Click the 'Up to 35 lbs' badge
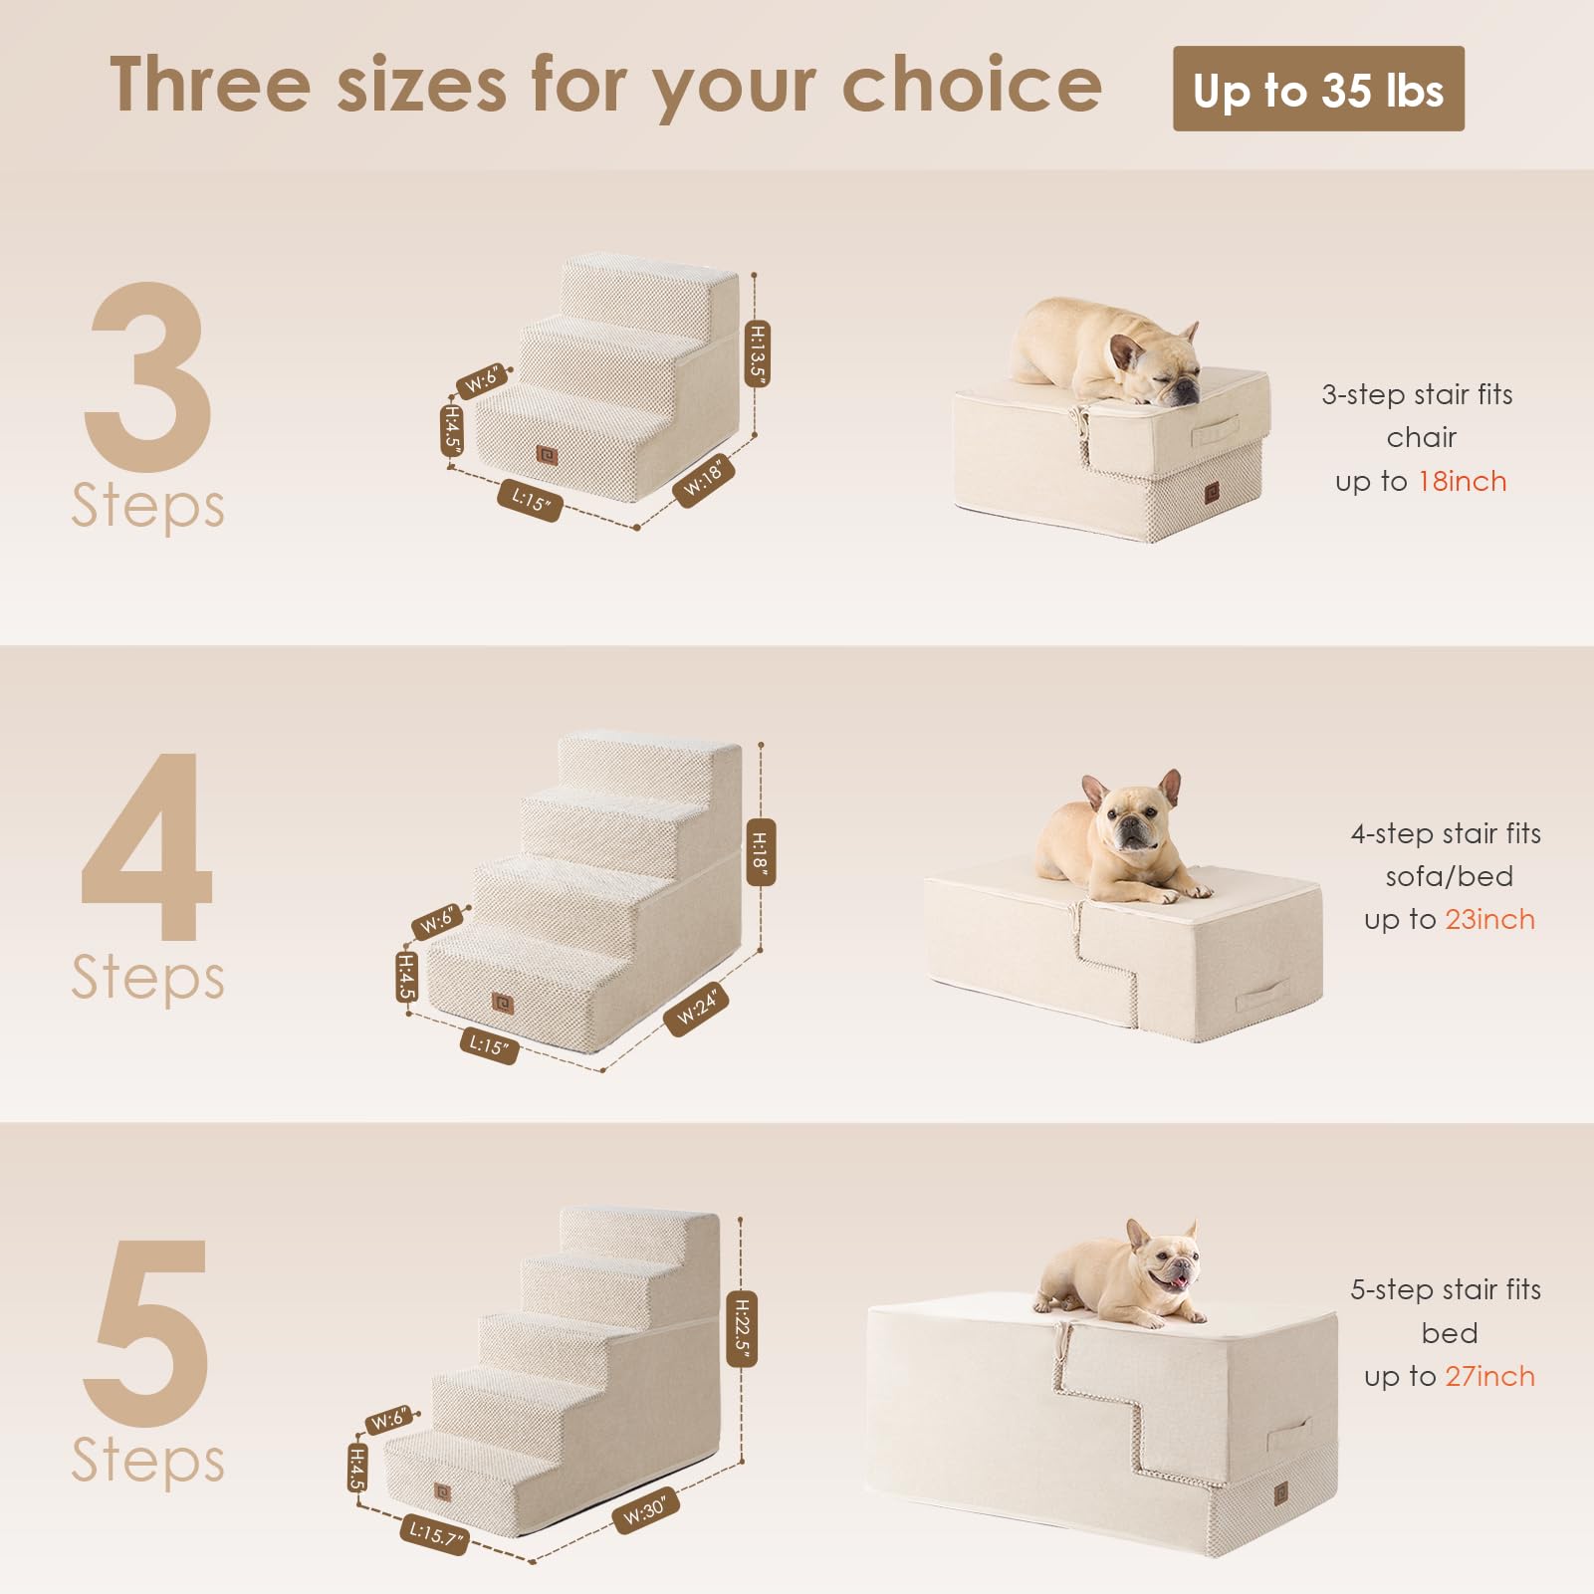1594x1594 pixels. pos(1317,89)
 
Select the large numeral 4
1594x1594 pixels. pos(147,846)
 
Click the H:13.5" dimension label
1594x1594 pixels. pos(758,353)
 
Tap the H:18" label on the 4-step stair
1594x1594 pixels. pos(760,852)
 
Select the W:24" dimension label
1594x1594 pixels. pos(696,1010)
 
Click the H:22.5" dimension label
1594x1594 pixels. pos(742,1328)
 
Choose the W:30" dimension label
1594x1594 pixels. pos(645,1510)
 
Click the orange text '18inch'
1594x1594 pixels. pos(1462,481)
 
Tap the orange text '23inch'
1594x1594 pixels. pos(1489,919)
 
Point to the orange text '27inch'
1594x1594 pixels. pos(1489,1376)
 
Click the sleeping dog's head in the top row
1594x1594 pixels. pos(1155,363)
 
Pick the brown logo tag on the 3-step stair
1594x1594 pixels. pos(546,455)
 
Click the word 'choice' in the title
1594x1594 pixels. pos(972,86)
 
